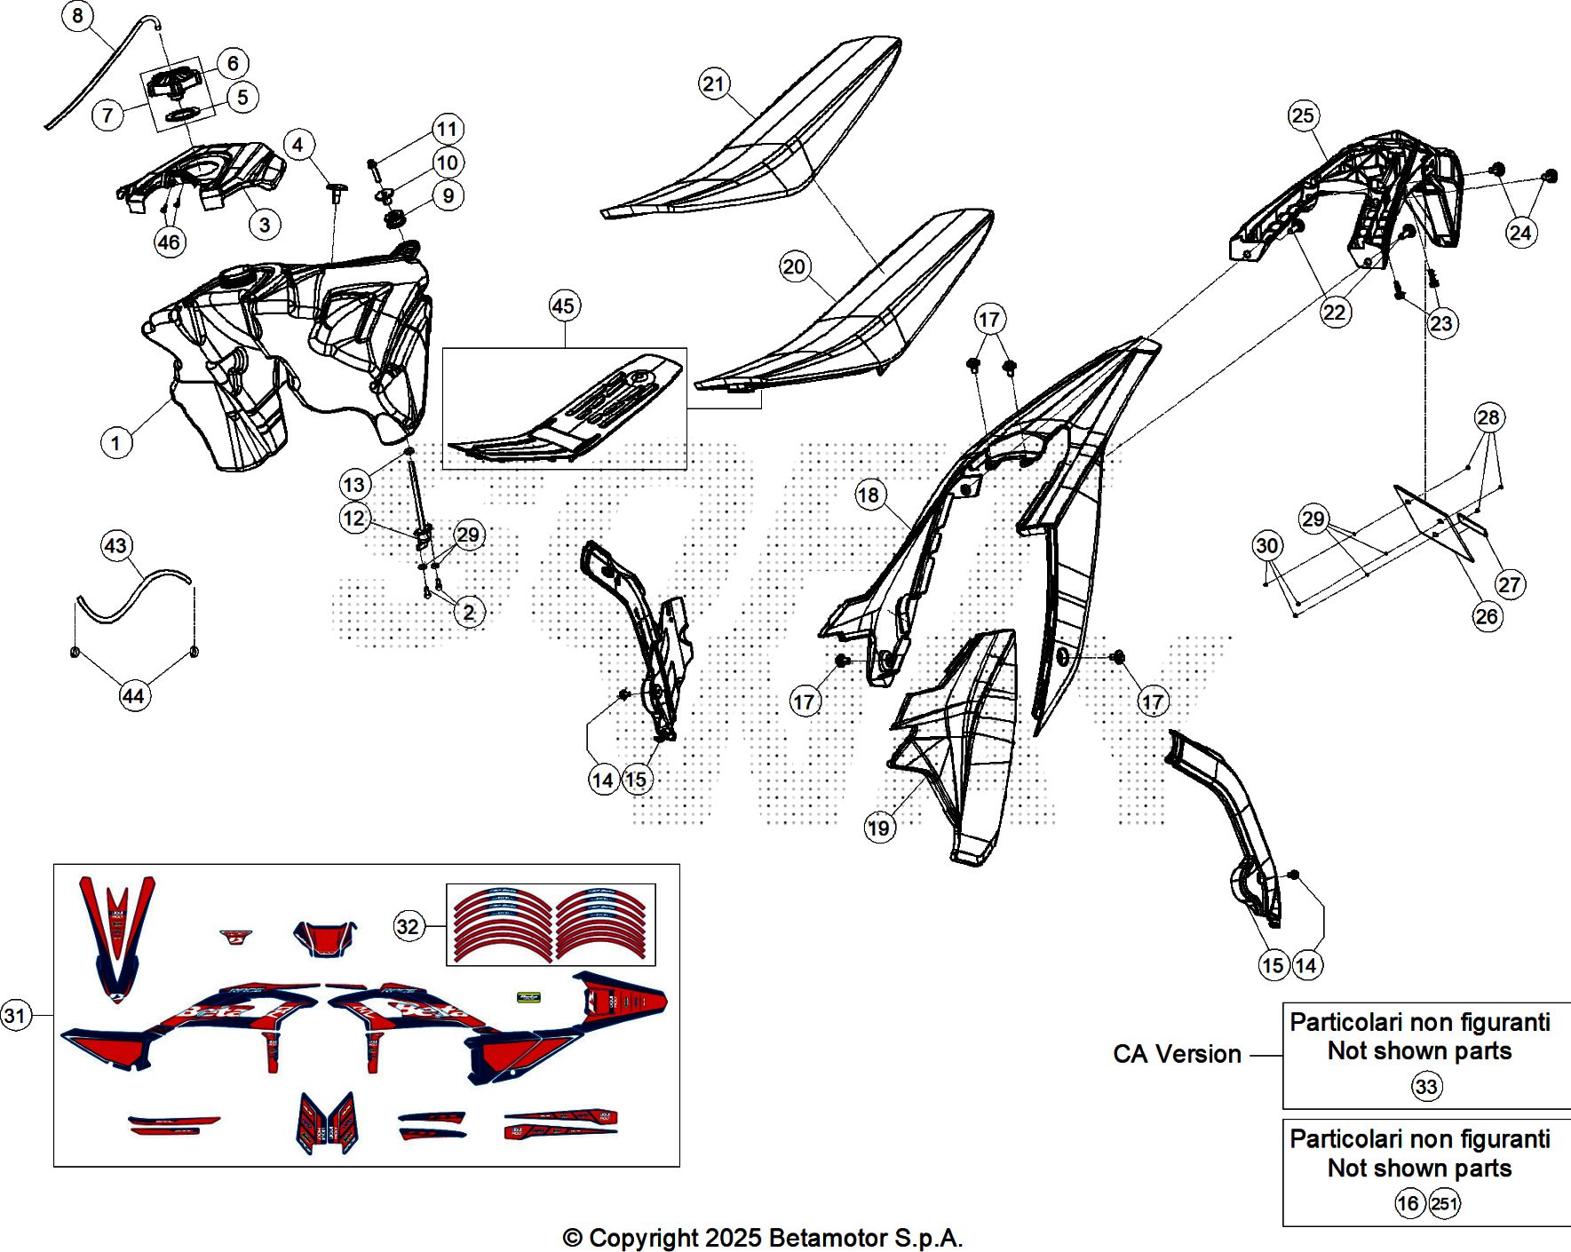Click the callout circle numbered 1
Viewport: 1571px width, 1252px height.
pos(115,442)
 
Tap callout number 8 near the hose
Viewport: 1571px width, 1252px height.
pos(78,16)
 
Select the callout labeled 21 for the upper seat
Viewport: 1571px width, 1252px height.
pos(714,84)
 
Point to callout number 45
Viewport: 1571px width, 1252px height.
pos(564,306)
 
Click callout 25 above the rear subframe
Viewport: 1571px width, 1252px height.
pos(1303,115)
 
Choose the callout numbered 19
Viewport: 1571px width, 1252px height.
pos(879,828)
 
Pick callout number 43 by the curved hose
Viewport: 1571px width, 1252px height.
pos(116,545)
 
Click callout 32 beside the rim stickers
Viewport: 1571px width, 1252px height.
pos(408,927)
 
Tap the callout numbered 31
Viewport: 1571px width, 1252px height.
pos(15,1015)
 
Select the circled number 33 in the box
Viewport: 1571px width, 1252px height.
pos(1426,1087)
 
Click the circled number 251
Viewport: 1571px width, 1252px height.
pos(1445,1204)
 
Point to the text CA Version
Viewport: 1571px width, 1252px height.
pos(1177,1054)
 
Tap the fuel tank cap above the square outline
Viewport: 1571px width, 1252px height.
pos(176,84)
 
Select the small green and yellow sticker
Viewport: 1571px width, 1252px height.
pos(528,997)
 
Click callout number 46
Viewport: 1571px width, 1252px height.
pos(169,242)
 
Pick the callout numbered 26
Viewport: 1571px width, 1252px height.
pos(1487,616)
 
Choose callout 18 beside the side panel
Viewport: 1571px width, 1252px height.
pos(869,495)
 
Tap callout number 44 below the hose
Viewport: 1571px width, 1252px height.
pos(133,696)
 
